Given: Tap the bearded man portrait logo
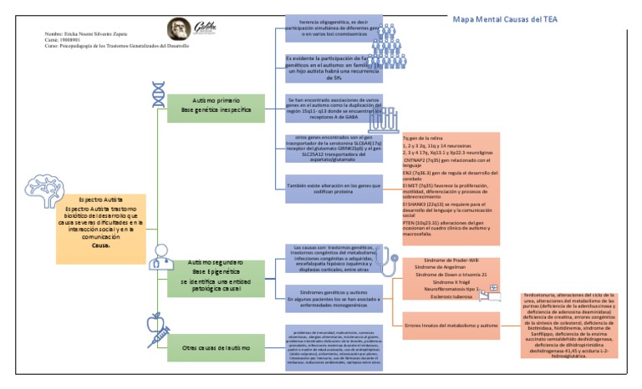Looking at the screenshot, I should coord(178,30).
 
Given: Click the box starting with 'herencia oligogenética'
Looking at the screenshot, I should coord(333,27).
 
